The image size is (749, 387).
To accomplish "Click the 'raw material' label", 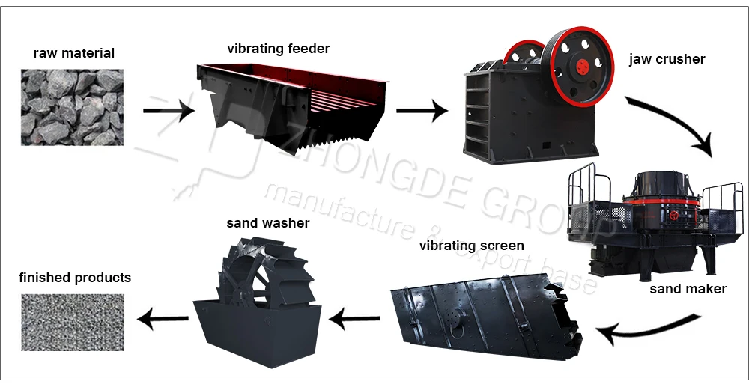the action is click(73, 53).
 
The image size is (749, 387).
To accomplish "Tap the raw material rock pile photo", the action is click(72, 107).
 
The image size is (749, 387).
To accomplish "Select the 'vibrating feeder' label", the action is click(278, 49).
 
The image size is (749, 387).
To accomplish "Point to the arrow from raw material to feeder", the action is click(169, 112).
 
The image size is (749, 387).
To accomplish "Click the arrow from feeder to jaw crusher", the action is click(421, 112).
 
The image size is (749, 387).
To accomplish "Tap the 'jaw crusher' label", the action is click(667, 59).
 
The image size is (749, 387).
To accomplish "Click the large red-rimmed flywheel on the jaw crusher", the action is click(580, 66).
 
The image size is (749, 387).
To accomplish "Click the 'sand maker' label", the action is click(688, 289).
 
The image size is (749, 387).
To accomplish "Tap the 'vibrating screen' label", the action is click(471, 246).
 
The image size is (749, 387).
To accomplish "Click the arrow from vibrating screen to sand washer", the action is click(356, 321).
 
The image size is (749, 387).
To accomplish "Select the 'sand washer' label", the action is click(267, 223).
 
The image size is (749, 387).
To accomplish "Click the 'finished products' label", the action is click(75, 278).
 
